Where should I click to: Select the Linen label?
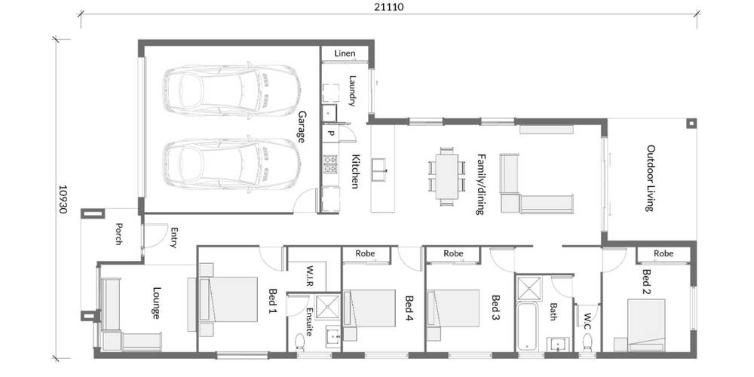click(345, 54)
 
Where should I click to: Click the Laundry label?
click(352, 90)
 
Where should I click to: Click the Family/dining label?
click(480, 185)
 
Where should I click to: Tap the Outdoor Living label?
click(649, 178)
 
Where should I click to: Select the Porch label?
click(118, 234)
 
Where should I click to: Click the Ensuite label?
click(310, 322)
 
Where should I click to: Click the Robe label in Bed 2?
click(664, 253)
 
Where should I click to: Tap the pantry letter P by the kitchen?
click(330, 133)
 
